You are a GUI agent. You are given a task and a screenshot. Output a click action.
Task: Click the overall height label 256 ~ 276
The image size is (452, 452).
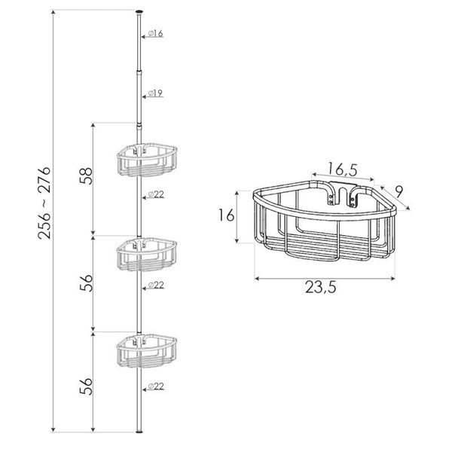coord(44,203)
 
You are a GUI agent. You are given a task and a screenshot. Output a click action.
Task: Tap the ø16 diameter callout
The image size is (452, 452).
coord(156,33)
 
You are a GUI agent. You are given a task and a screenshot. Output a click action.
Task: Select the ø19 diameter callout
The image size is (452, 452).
coord(156,93)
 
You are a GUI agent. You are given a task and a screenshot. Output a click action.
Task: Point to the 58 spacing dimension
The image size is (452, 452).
coord(86,176)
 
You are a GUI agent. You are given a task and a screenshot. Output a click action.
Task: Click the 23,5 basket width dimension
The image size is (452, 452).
coord(321,287)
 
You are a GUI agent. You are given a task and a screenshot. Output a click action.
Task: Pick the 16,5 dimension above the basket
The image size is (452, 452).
coord(343,169)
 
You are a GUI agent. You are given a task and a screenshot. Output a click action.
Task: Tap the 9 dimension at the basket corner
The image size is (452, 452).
coord(399,191)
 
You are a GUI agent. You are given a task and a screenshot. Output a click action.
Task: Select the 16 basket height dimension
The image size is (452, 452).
coord(226,215)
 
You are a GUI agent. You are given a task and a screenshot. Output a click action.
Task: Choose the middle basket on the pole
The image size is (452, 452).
coord(147,255)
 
